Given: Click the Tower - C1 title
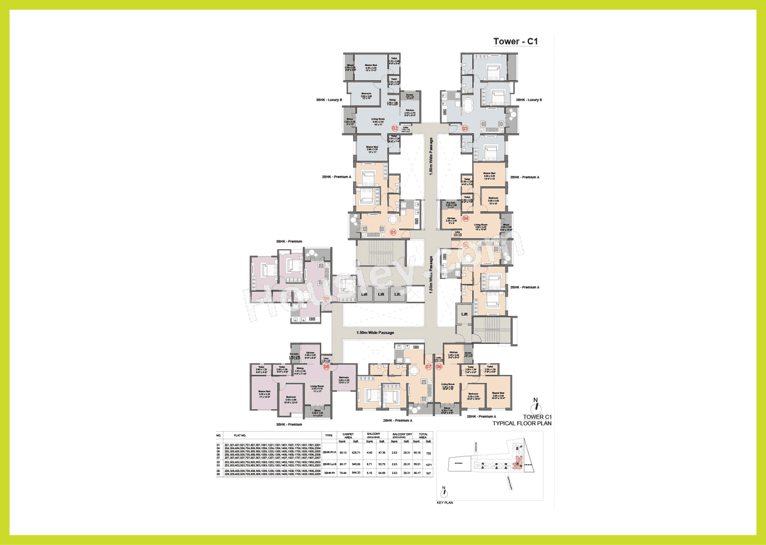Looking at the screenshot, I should [516, 41].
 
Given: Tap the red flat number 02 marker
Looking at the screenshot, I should [395, 128].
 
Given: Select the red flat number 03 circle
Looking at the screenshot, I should [464, 128].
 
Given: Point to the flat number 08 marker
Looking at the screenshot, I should [327, 367].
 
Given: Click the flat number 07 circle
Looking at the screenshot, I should [428, 367].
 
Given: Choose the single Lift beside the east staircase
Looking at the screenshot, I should [464, 313].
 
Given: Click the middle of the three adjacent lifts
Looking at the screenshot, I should [381, 294].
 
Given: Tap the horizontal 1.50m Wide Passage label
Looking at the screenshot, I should [375, 333].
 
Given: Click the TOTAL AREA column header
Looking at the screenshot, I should [424, 436].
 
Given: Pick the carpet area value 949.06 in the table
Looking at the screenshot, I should [356, 464].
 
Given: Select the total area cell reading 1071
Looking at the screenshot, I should [428, 464].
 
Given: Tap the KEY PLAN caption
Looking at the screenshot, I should [445, 503].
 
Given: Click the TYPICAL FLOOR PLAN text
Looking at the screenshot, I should [522, 423].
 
